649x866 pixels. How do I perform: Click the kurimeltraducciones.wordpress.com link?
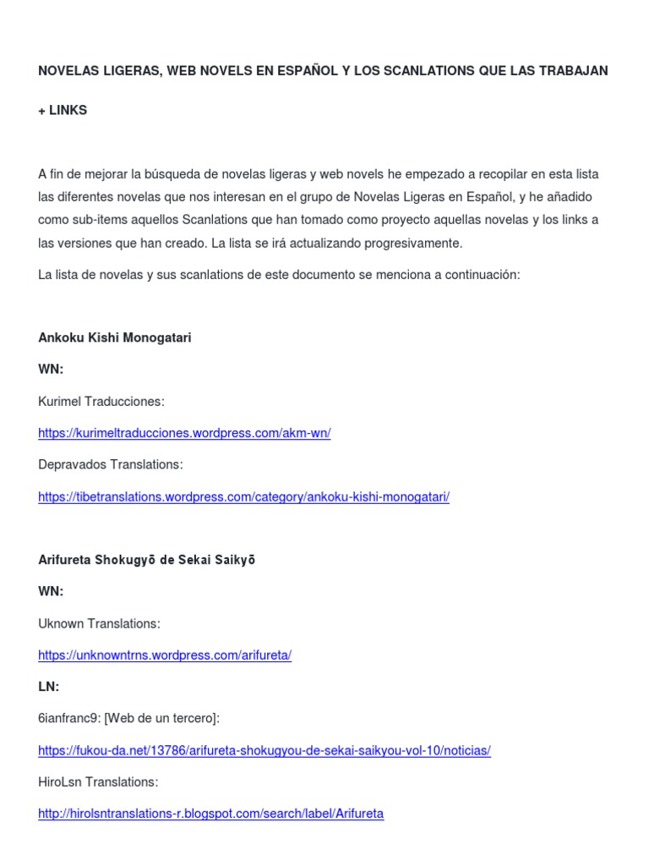point(184,433)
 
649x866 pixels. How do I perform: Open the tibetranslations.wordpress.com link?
point(243,497)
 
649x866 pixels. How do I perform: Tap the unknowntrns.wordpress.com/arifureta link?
point(165,655)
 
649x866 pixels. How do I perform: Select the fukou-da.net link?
point(264,751)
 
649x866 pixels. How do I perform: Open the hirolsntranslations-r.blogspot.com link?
point(210,814)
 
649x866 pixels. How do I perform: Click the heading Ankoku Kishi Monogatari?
point(115,337)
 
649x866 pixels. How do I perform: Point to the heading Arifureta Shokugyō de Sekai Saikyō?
point(147,560)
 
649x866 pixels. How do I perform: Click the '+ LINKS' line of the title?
point(63,111)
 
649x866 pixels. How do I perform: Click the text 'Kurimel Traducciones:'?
point(101,402)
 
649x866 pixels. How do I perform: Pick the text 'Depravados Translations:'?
point(110,465)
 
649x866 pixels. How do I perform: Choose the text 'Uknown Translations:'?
point(99,623)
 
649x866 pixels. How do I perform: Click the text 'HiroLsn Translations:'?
point(98,782)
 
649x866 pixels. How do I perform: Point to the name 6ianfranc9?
point(68,719)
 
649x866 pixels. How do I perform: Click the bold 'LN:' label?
point(49,687)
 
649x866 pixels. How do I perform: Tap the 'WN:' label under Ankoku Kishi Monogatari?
point(51,370)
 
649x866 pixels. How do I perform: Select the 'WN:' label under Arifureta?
point(51,592)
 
